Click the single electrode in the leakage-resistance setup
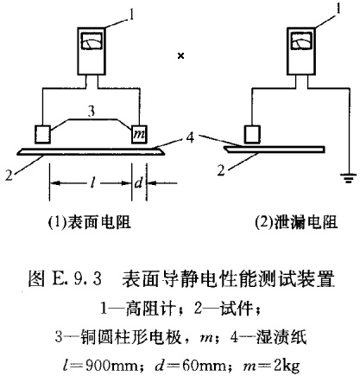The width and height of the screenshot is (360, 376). [x=252, y=133]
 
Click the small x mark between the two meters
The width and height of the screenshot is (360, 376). [x=180, y=56]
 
